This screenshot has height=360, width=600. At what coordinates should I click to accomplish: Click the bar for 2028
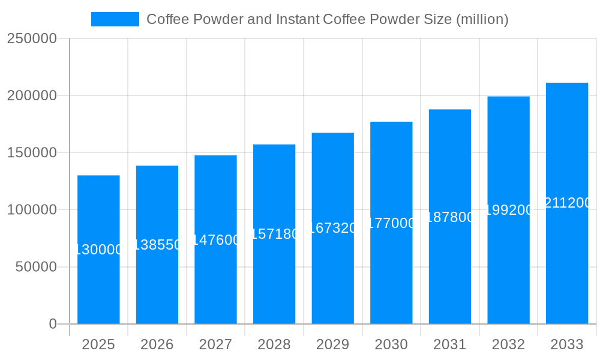click(x=274, y=270)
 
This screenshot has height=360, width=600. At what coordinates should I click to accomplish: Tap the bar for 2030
click(x=391, y=270)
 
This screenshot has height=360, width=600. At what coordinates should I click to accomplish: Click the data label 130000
click(x=98, y=250)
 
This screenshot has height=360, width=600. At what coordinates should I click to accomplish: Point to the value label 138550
click(x=157, y=245)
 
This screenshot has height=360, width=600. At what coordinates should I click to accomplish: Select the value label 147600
click(x=215, y=240)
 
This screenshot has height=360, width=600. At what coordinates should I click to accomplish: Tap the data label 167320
click(x=332, y=228)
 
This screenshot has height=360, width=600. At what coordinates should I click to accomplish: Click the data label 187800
click(x=450, y=217)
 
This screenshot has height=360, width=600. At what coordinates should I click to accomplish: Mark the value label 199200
click(x=508, y=210)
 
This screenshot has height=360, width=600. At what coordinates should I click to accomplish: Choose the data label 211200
click(x=567, y=203)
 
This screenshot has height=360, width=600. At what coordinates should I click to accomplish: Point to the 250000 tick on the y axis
click(x=32, y=38)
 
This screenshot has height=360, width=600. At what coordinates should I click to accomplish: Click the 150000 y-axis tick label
click(x=32, y=152)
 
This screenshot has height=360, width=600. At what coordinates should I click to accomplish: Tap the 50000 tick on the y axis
click(x=36, y=266)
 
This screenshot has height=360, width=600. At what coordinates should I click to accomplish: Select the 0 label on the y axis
click(x=53, y=324)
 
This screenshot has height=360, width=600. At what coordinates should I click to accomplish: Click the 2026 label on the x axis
click(x=157, y=344)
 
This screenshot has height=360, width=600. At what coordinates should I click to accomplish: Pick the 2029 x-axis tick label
click(x=332, y=344)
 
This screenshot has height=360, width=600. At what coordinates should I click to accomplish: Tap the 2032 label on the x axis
click(x=508, y=344)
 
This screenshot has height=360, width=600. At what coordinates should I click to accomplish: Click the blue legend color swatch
click(x=115, y=19)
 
